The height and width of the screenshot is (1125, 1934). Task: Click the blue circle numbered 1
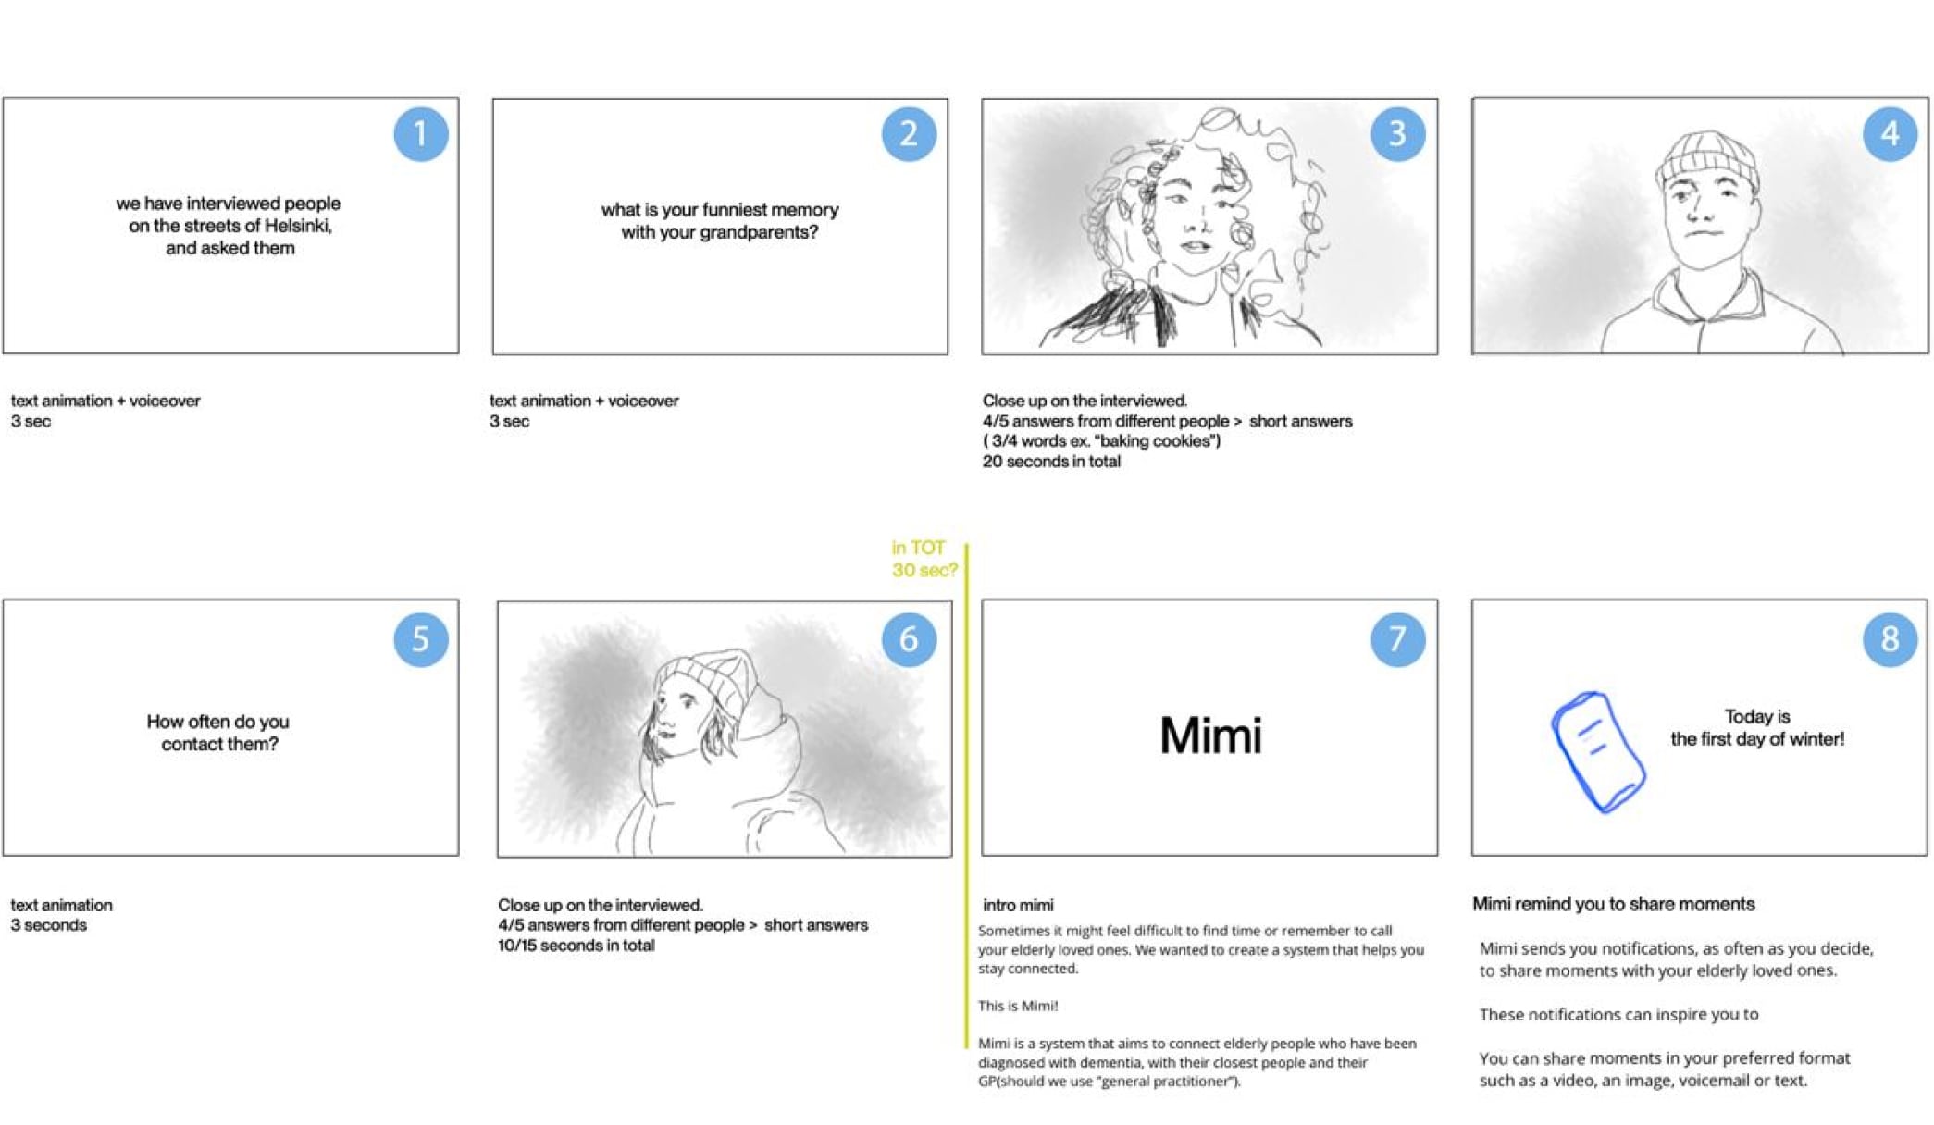pos(421,134)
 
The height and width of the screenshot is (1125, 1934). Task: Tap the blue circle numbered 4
pos(1890,134)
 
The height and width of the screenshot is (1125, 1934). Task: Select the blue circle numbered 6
pos(909,639)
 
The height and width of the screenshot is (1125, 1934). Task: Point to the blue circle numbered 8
pos(1890,638)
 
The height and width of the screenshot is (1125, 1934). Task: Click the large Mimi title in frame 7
pos(1210,736)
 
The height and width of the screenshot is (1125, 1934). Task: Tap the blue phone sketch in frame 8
pos(1598,752)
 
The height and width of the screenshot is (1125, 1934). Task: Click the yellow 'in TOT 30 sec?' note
pos(924,559)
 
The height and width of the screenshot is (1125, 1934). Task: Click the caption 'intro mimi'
pos(1018,906)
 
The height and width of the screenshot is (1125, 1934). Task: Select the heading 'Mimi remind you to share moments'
pos(1613,904)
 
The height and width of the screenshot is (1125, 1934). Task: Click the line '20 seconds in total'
pos(1051,462)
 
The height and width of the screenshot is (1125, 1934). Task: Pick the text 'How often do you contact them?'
pos(218,733)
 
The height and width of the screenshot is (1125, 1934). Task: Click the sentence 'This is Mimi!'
pos(1018,1006)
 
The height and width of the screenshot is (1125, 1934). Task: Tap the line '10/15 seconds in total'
pos(576,946)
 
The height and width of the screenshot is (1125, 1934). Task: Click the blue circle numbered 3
pos(1397,134)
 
